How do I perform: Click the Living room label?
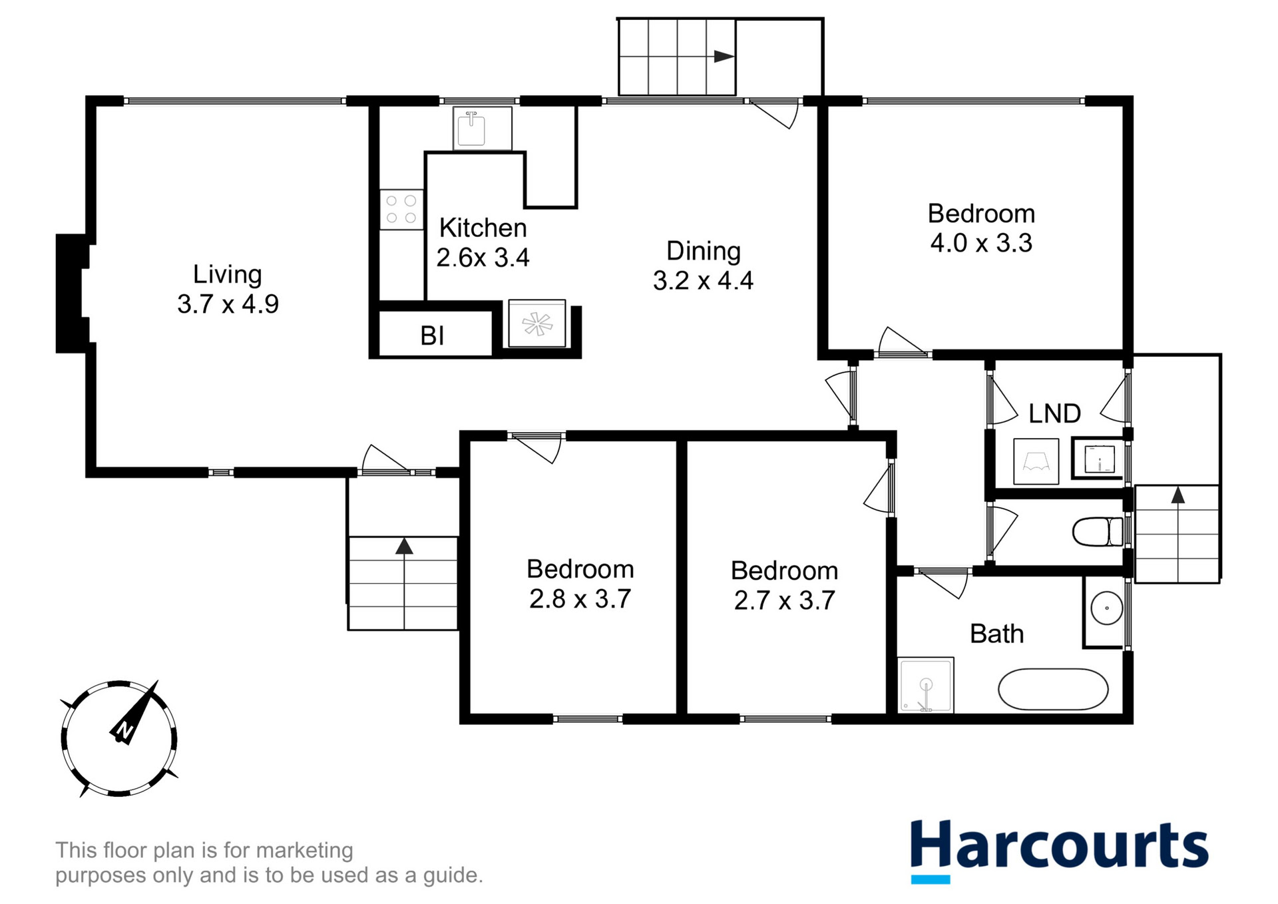pyautogui.click(x=228, y=289)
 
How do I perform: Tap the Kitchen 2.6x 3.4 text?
pyautogui.click(x=483, y=243)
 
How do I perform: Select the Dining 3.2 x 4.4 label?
pyautogui.click(x=703, y=266)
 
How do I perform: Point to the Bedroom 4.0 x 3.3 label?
pyautogui.click(x=981, y=228)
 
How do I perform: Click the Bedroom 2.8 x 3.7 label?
pyautogui.click(x=580, y=584)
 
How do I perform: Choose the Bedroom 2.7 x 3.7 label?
pyautogui.click(x=784, y=586)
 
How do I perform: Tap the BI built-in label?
pyautogui.click(x=432, y=336)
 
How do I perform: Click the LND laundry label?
pyautogui.click(x=1054, y=413)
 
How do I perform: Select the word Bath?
pyautogui.click(x=996, y=634)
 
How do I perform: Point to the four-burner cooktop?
pyautogui.click(x=401, y=209)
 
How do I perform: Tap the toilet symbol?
pyautogui.click(x=1097, y=532)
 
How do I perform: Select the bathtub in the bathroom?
pyautogui.click(x=1052, y=689)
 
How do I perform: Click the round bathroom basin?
pyautogui.click(x=1106, y=608)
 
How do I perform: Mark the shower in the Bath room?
pyautogui.click(x=925, y=685)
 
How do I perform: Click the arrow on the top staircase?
pyautogui.click(x=724, y=57)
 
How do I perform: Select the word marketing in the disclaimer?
pyautogui.click(x=304, y=850)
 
